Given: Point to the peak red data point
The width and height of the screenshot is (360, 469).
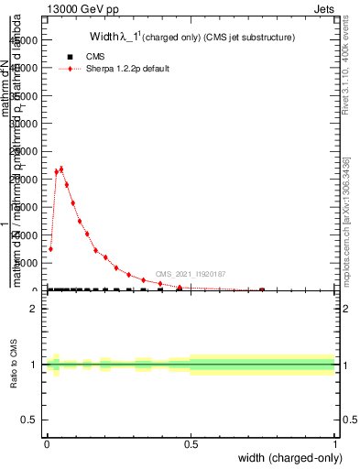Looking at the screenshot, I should [x=60, y=169].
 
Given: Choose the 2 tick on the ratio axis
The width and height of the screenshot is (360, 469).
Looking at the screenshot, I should [x=34, y=309].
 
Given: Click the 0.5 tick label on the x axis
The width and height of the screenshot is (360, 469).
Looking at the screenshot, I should [x=191, y=445].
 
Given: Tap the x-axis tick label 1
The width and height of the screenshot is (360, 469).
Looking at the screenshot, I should [x=335, y=445].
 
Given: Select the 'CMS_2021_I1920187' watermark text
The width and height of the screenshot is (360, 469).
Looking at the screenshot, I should [x=191, y=274].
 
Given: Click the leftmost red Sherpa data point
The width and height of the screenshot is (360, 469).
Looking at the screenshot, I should [x=50, y=248].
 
